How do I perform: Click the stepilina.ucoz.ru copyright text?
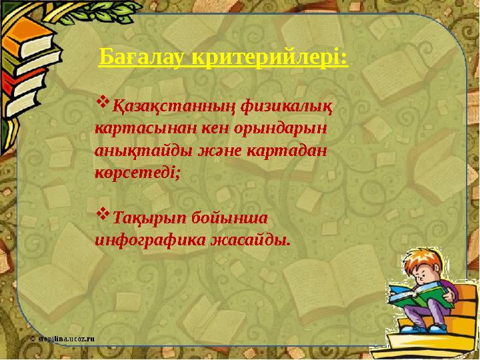63,339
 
